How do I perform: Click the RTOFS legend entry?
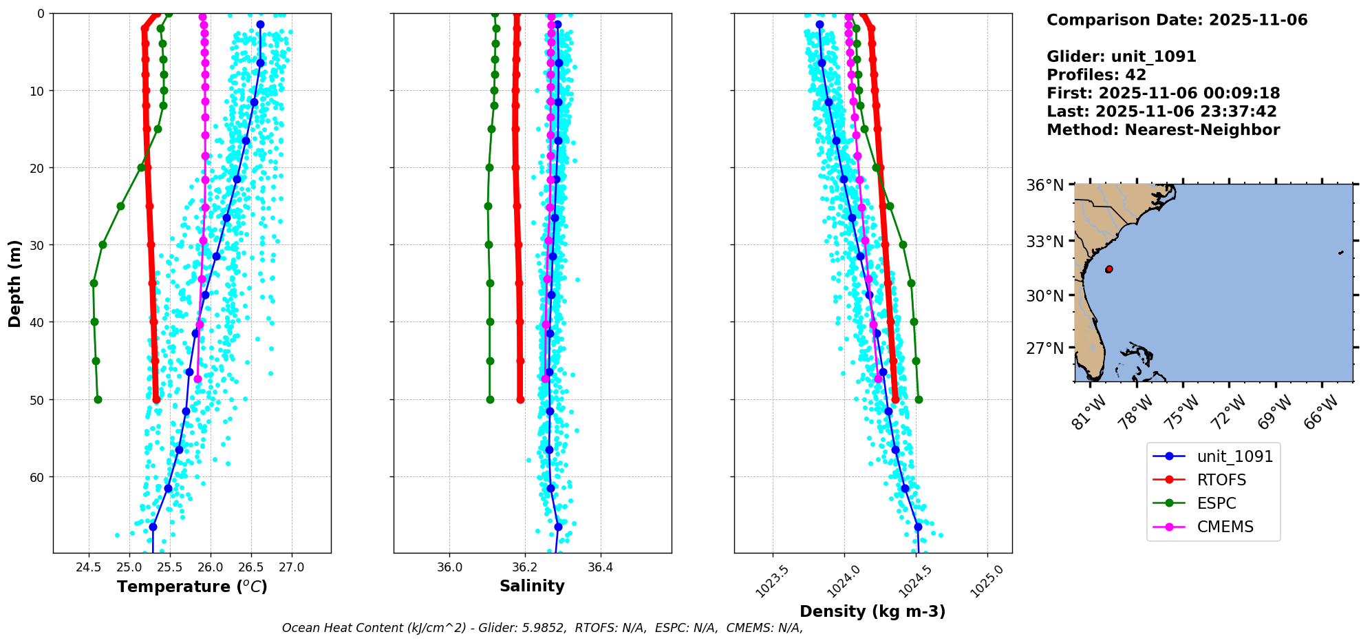[1221, 480]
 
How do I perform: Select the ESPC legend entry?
[1217, 503]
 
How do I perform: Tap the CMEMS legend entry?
[1225, 527]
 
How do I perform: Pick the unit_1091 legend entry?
[1234, 456]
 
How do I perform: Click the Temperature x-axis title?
[192, 587]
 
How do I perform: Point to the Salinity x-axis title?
[532, 587]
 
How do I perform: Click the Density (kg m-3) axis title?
[872, 611]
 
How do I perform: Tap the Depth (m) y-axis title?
[15, 283]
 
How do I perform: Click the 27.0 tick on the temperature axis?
[292, 567]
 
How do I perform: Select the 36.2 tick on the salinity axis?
[525, 567]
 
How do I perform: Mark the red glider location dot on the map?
[1109, 269]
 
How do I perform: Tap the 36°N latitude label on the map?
[1045, 185]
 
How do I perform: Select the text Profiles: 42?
[1096, 75]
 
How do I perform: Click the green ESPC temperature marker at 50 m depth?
[98, 399]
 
